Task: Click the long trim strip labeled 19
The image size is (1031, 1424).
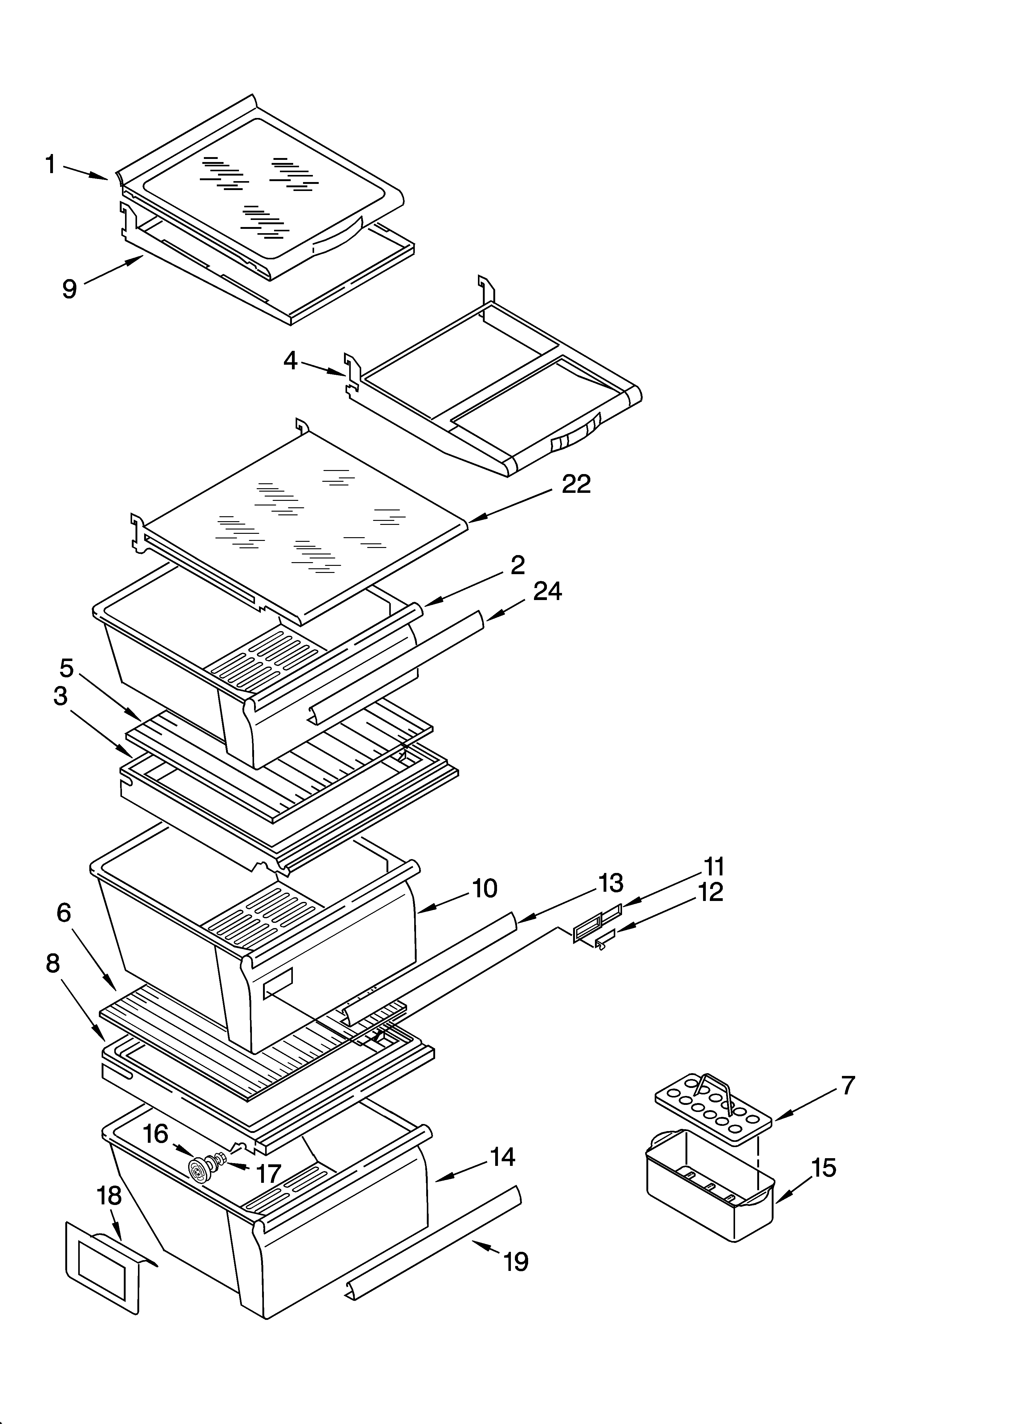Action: (433, 1242)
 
